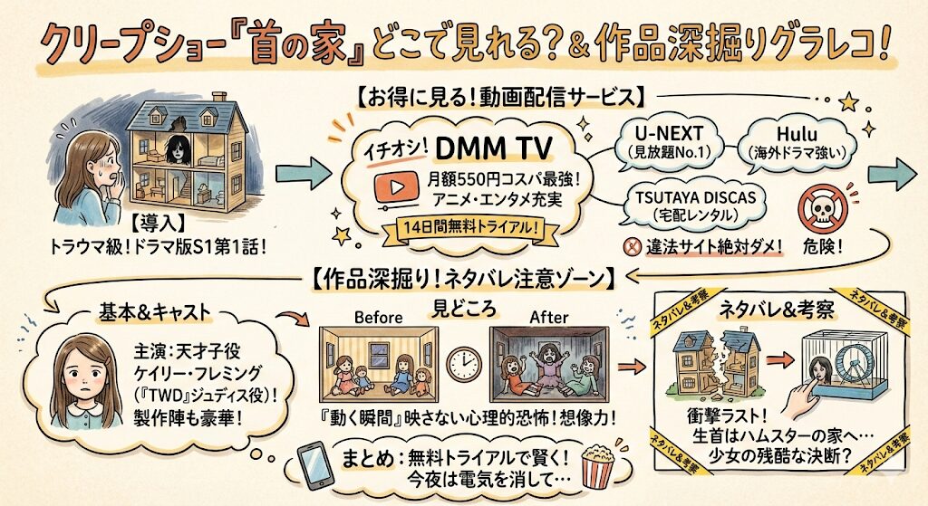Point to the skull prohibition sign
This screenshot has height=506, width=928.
pyautogui.click(x=828, y=206)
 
